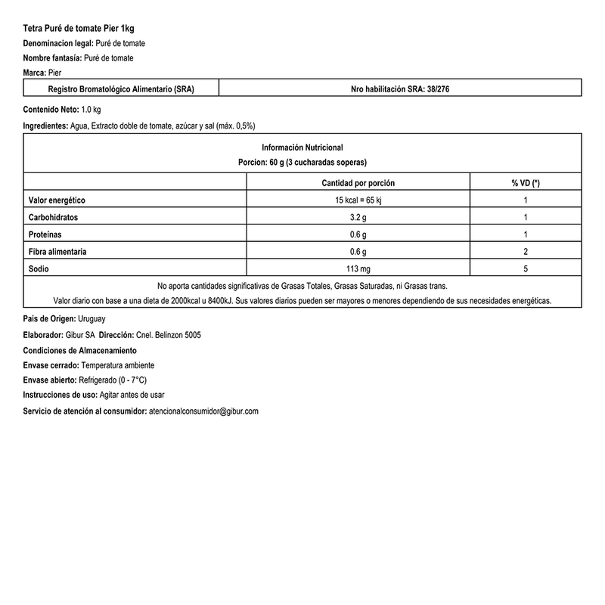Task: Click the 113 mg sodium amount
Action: coord(358,268)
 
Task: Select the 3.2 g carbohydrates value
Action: coord(358,217)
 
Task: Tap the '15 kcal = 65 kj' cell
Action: coord(358,200)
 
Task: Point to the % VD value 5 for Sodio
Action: coord(525,268)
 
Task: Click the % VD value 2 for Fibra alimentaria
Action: coord(525,251)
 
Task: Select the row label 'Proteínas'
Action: coord(46,234)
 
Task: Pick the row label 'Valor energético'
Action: coord(57,200)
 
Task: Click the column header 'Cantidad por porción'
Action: coord(358,183)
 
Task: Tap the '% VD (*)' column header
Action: coord(525,183)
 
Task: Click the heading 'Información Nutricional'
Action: coord(302,147)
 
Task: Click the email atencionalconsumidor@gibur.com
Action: coord(205,411)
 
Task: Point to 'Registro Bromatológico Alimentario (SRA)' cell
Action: coord(121,89)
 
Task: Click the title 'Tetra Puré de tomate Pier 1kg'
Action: coord(79,28)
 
